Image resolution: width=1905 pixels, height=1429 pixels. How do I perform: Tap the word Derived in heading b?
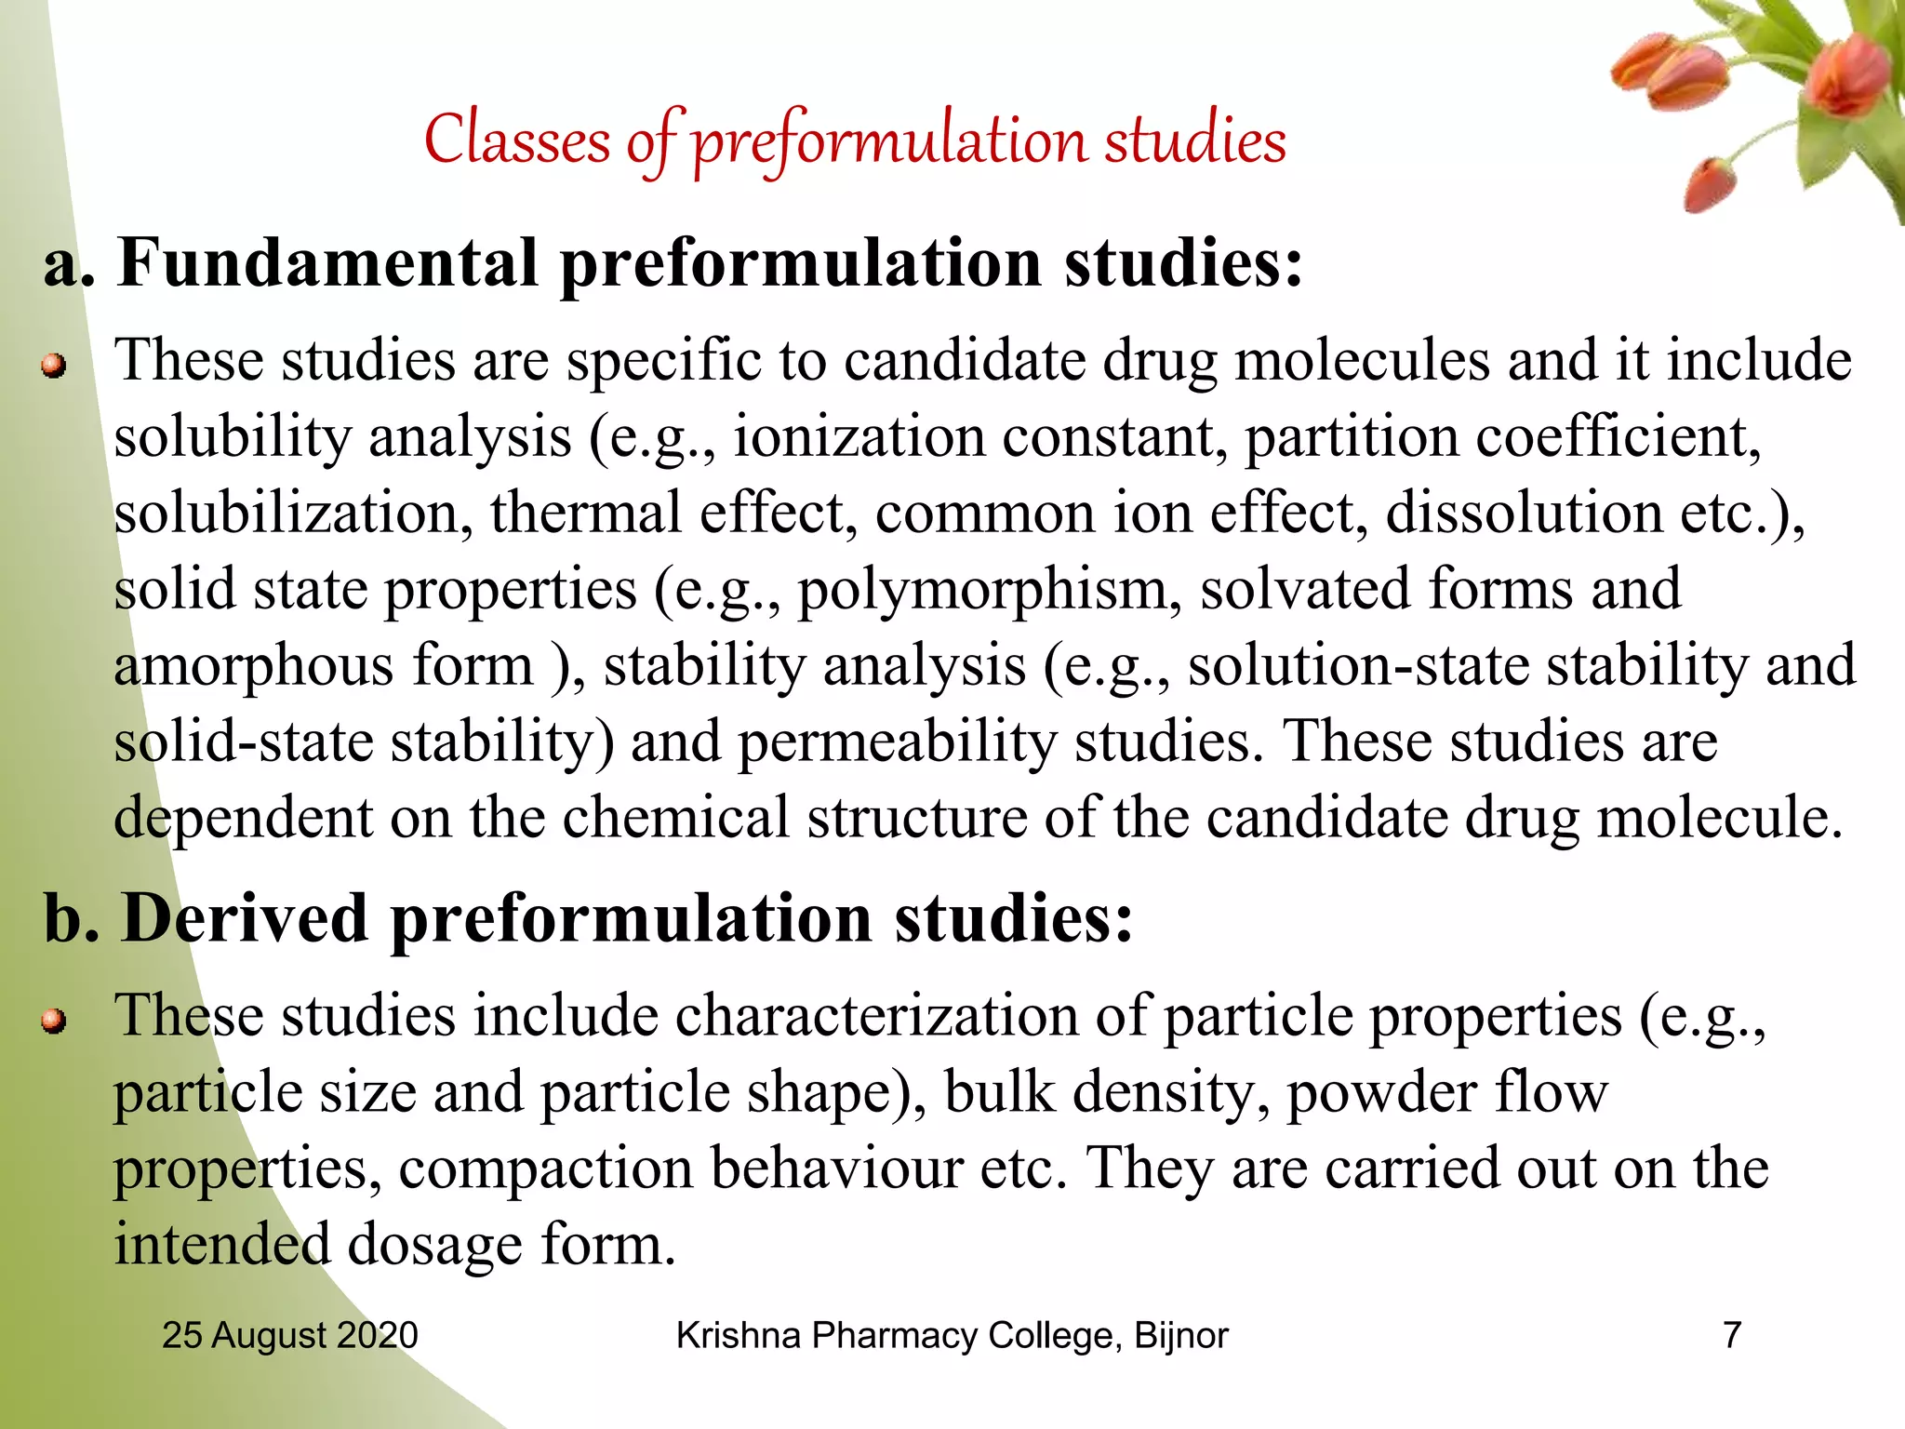point(246,919)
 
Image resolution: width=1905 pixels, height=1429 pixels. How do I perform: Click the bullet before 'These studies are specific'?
point(55,367)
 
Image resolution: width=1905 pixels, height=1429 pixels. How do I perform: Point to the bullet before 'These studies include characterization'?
point(55,1022)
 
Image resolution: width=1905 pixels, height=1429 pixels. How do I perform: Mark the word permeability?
point(898,743)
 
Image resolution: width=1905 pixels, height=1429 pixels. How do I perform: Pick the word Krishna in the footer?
point(738,1335)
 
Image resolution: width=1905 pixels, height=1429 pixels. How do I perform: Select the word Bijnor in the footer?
point(1181,1335)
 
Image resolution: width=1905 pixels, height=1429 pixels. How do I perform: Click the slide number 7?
point(1732,1335)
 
